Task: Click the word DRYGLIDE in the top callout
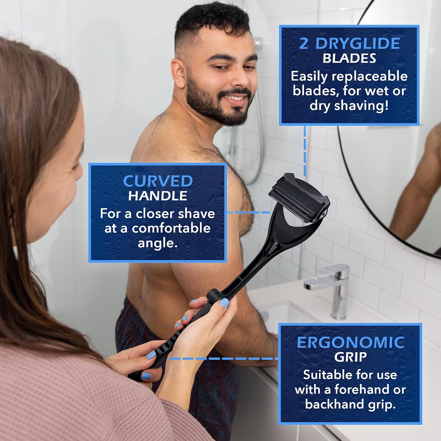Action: pos(358,43)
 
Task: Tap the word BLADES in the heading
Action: pos(349,58)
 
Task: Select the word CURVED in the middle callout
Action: pos(158,181)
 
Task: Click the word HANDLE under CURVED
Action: pos(158,196)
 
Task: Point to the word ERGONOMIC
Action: pos(350,343)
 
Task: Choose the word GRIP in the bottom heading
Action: pos(350,357)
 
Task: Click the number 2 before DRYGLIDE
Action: pos(304,43)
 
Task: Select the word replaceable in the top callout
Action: pos(370,76)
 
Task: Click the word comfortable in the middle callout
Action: pos(171,228)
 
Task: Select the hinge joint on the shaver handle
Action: pos(214,294)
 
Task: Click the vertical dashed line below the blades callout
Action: pos(305,151)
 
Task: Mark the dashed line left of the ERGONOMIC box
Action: pos(224,358)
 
